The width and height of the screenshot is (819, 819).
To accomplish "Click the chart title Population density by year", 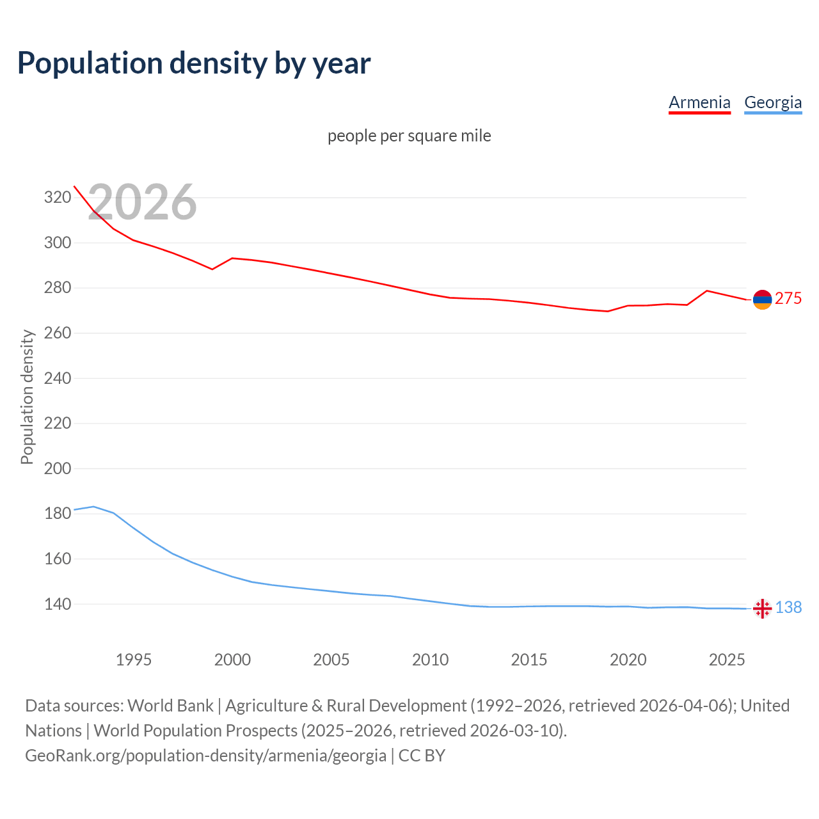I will pos(194,63).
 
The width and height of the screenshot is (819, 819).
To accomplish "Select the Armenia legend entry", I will pos(699,102).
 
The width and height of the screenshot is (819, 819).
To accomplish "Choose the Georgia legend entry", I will pos(773,102).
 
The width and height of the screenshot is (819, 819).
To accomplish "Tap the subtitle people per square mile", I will pos(409,136).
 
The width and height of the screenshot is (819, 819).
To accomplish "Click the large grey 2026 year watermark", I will pos(142,202).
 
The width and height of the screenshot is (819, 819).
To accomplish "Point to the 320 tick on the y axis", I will pos(57,197).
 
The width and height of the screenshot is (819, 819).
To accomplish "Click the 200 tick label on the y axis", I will pos(57,468).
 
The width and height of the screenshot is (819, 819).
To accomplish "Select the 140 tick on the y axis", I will pos(57,604).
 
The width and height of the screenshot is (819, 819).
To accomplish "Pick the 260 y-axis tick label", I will pos(57,333).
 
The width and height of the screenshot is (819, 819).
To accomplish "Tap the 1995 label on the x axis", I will pos(133,660).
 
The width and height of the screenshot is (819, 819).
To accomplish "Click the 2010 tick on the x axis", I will pos(430,660).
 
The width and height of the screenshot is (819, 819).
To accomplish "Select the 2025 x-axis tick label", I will pos(727,660).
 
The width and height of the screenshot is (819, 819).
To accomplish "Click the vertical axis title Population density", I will pos(27,397).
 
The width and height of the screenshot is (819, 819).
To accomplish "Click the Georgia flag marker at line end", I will pos(762,608).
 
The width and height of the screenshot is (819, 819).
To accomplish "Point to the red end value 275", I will pos(788,299).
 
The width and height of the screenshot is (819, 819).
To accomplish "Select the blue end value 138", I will pos(788,607).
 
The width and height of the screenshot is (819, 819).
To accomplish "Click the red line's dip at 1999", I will pos(212,269).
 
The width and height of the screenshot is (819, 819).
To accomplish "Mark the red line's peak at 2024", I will pos(706,290).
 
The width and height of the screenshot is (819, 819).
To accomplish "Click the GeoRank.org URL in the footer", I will pos(205,756).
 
